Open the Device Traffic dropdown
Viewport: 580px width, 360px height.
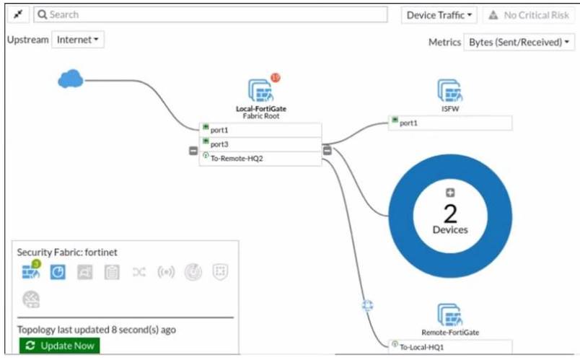[x=439, y=14]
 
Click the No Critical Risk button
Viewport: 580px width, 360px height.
[x=529, y=14]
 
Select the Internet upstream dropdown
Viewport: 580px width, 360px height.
[x=77, y=40]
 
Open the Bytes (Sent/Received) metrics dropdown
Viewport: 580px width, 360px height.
[x=519, y=43]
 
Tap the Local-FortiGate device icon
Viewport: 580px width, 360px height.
[x=260, y=90]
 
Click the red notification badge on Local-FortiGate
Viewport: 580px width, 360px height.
[x=276, y=78]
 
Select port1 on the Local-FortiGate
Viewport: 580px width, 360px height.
[x=260, y=130]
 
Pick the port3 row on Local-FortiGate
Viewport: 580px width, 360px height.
[x=260, y=144]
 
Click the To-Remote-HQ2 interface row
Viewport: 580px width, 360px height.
[x=260, y=159]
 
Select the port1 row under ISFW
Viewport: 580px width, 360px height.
[x=449, y=123]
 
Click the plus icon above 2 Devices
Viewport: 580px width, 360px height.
[x=450, y=193]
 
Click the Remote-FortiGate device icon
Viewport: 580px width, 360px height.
[x=449, y=315]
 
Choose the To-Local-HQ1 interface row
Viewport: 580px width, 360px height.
[x=449, y=346]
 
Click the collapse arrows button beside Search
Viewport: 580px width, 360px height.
[x=18, y=14]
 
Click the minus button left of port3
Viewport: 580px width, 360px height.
[x=193, y=151]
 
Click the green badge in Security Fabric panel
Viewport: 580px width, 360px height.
[x=35, y=265]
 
